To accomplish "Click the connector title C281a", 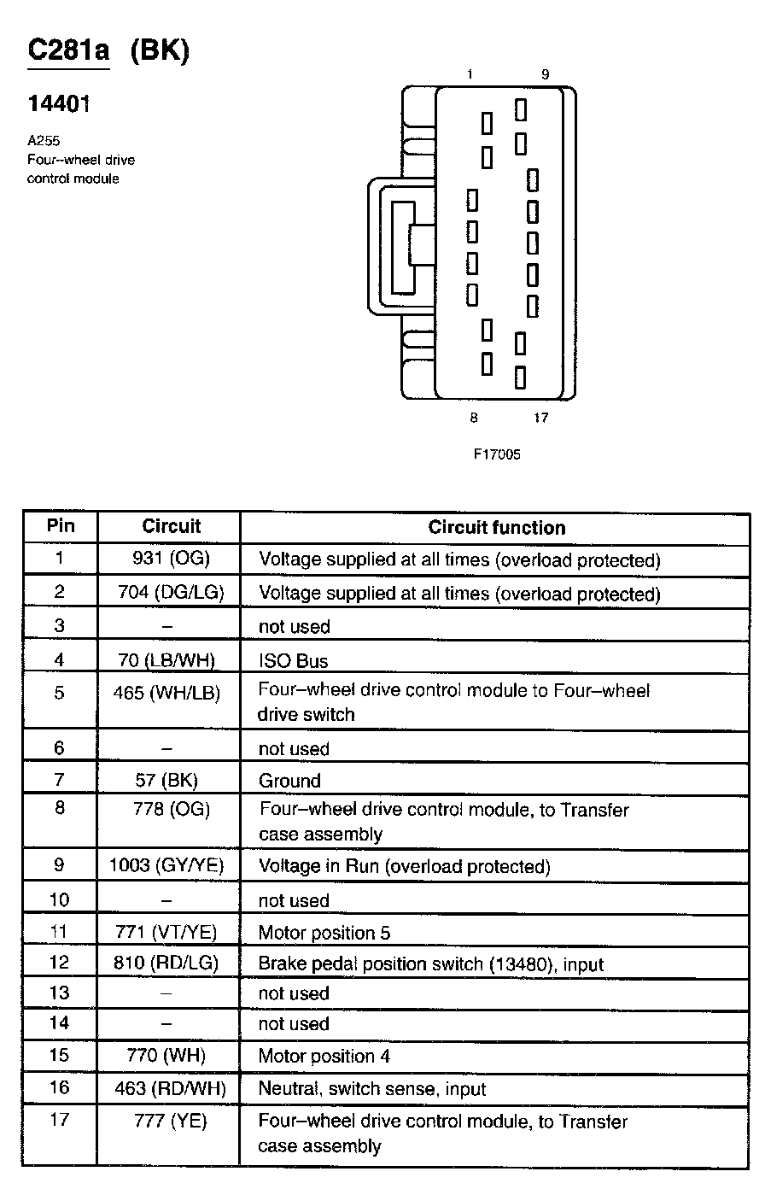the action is tap(68, 51).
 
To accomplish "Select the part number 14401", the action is tap(59, 104).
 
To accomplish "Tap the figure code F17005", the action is tap(497, 454).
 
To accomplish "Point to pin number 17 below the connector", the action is tap(540, 418).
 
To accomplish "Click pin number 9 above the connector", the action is tap(545, 75).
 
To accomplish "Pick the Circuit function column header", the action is tap(496, 527).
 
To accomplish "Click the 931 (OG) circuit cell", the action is tap(171, 559).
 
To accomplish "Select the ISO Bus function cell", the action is tap(293, 660).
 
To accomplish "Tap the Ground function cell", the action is tap(289, 780).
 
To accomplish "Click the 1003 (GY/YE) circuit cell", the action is tap(166, 865).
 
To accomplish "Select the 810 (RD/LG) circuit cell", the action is tap(166, 963).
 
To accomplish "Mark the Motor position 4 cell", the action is tap(324, 1056).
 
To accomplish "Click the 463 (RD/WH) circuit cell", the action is tap(170, 1089).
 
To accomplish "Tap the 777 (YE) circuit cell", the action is tap(171, 1121).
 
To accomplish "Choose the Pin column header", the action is tap(60, 526).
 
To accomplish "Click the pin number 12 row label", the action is tap(59, 963).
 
